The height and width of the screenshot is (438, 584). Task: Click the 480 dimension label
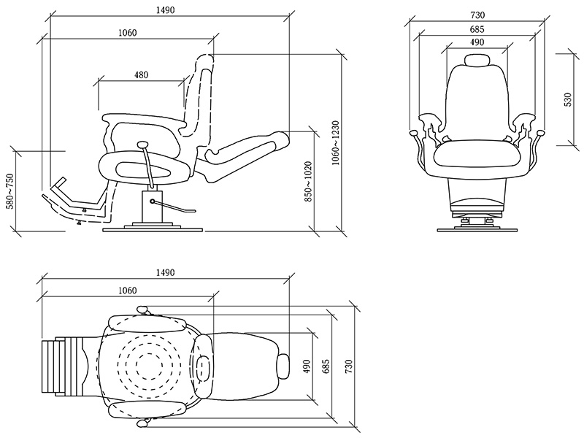pyautogui.click(x=141, y=75)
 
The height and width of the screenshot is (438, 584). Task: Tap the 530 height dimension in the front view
pyautogui.click(x=567, y=99)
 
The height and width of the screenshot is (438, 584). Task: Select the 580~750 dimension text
pyautogui.click(x=9, y=191)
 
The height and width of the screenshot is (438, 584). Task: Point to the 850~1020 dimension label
pyautogui.click(x=308, y=181)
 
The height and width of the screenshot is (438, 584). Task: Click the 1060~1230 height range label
pyautogui.click(x=336, y=142)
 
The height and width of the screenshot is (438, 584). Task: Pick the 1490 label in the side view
pyautogui.click(x=166, y=9)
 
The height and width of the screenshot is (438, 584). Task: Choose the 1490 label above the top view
pyautogui.click(x=166, y=272)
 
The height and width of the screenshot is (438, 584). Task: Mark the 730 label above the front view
pyautogui.click(x=477, y=15)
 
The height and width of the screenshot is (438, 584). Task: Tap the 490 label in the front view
pyautogui.click(x=477, y=42)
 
